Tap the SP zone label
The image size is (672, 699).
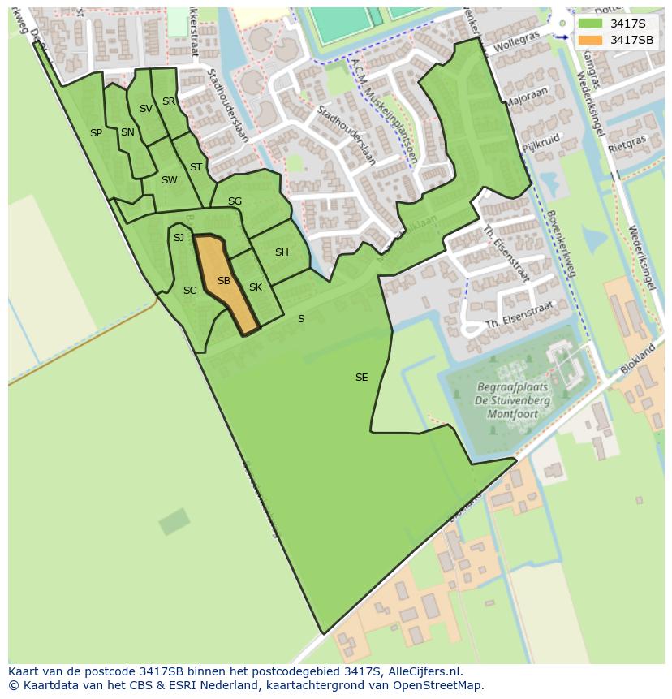96,133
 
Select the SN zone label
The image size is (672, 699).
127,132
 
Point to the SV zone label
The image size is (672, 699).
146,109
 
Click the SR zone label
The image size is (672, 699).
169,101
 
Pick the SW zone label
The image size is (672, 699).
169,180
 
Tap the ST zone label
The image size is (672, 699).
196,167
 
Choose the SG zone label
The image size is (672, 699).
235,201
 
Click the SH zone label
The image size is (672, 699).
282,252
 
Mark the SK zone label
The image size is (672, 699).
256,287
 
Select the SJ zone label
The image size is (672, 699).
179,238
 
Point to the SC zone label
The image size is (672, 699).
190,291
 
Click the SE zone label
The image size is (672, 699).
362,378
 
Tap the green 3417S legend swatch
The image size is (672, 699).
590,24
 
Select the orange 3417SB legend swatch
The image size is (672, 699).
590,40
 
